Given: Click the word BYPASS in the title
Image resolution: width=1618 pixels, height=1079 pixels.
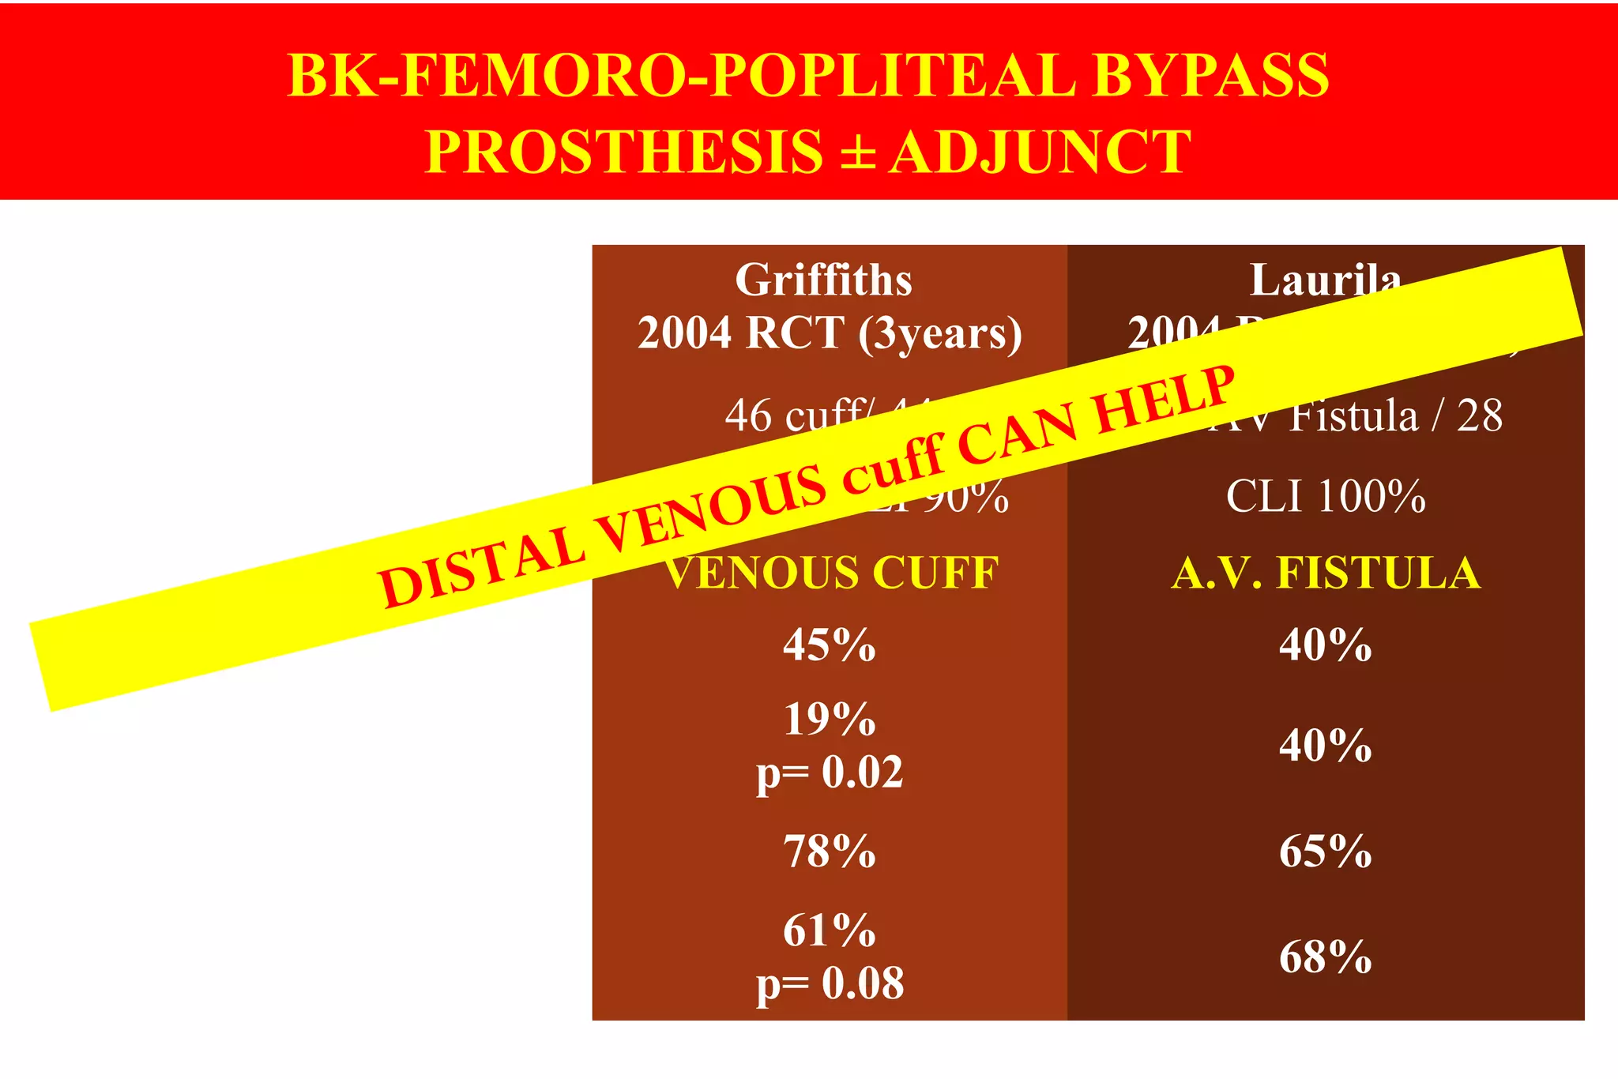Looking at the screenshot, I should (1210, 76).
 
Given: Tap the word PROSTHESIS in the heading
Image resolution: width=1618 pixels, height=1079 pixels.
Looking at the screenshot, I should (624, 152).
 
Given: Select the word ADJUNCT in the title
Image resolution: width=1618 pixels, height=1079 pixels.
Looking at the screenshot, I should (1040, 152).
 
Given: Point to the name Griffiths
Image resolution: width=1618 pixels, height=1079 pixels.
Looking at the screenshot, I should (823, 280).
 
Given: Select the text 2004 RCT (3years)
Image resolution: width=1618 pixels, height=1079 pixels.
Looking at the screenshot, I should (830, 333).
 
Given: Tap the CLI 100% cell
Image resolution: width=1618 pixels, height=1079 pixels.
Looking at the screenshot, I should (1326, 497).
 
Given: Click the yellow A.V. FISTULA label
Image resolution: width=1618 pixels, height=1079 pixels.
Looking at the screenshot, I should (1326, 573).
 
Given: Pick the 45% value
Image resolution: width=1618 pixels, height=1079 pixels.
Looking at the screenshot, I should (830, 645).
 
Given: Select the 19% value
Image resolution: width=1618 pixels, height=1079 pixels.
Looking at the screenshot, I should (830, 720).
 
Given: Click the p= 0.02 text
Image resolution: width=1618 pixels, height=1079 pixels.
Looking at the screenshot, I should (830, 772).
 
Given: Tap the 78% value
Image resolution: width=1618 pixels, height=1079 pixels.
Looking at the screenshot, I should (830, 852).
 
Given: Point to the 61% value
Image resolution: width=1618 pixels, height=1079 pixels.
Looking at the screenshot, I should (830, 930).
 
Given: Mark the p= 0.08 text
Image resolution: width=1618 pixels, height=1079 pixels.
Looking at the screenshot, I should (830, 984).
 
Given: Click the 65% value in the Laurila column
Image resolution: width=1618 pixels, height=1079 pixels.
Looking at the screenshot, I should (1326, 852).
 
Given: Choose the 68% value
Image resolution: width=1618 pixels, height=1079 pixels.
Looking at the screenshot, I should (1326, 957).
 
